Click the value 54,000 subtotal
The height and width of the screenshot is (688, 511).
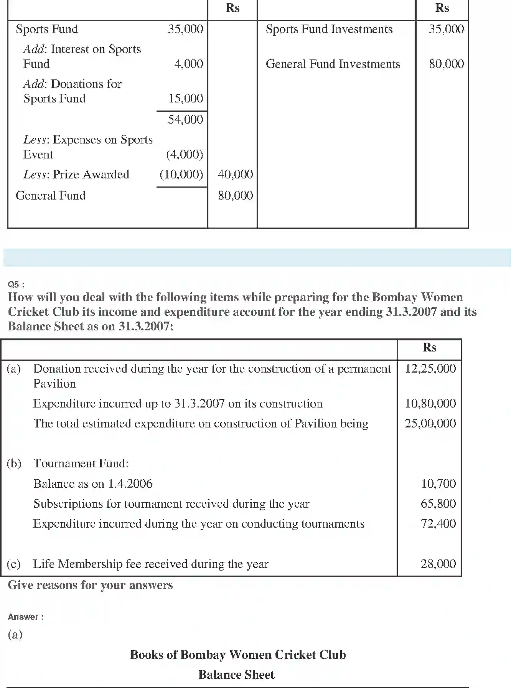click(185, 119)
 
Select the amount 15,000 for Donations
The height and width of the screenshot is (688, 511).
click(185, 99)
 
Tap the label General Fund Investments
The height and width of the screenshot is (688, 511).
click(333, 64)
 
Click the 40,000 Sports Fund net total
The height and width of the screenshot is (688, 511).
click(235, 174)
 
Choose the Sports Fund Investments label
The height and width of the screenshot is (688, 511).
click(329, 29)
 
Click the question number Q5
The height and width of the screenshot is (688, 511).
click(16, 284)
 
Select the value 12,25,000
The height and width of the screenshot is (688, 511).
click(430, 369)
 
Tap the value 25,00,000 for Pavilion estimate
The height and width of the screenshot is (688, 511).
click(430, 423)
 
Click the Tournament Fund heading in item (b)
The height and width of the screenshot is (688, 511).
click(81, 463)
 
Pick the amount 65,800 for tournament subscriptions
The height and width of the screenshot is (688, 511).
click(438, 503)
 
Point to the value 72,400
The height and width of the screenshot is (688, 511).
click(438, 523)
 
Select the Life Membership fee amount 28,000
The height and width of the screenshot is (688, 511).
click(438, 564)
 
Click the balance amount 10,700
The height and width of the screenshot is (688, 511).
click(438, 483)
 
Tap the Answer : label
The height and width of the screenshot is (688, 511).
click(26, 617)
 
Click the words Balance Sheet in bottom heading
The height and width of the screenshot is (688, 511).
click(236, 675)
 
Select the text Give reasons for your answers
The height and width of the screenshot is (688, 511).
click(90, 585)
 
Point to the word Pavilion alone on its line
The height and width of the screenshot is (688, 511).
click(54, 384)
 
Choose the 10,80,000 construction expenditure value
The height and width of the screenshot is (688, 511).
click(430, 403)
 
